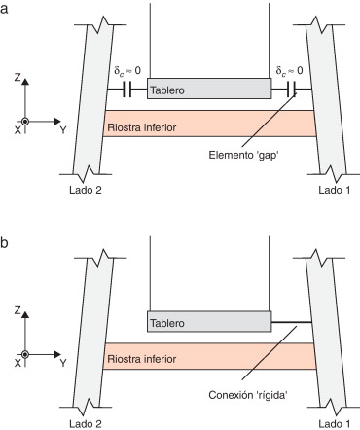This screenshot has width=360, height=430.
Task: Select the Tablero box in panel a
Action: point(208,90)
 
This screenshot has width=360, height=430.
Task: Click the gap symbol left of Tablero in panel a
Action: point(126,90)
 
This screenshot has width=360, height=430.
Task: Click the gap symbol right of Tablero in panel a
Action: point(291,90)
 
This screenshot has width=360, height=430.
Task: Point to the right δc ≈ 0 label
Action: point(289,70)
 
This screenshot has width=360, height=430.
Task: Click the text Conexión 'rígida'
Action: point(242,394)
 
